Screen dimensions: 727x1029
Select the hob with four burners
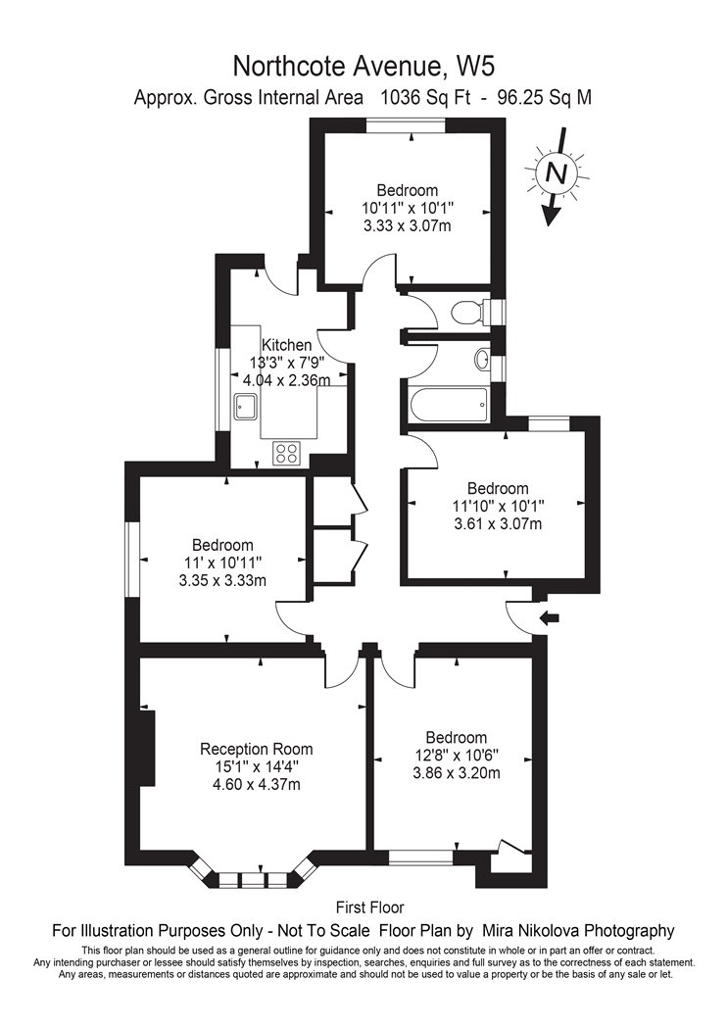(x=287, y=453)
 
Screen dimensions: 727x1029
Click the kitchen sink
(x=246, y=409)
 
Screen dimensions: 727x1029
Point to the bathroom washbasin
(x=482, y=361)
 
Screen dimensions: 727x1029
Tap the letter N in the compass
(x=557, y=173)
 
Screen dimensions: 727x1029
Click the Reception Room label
(x=257, y=749)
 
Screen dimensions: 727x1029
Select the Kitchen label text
(x=287, y=345)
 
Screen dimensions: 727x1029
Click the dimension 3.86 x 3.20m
(x=457, y=773)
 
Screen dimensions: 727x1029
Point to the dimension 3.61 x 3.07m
(x=498, y=523)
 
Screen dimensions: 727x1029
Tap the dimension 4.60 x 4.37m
(x=257, y=784)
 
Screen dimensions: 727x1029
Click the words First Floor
(x=370, y=907)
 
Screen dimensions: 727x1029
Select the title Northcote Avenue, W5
(x=363, y=67)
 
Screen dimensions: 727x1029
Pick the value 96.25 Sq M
(x=545, y=98)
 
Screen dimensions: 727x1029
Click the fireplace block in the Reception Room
(x=148, y=748)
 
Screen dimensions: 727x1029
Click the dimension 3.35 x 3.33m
(x=222, y=580)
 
